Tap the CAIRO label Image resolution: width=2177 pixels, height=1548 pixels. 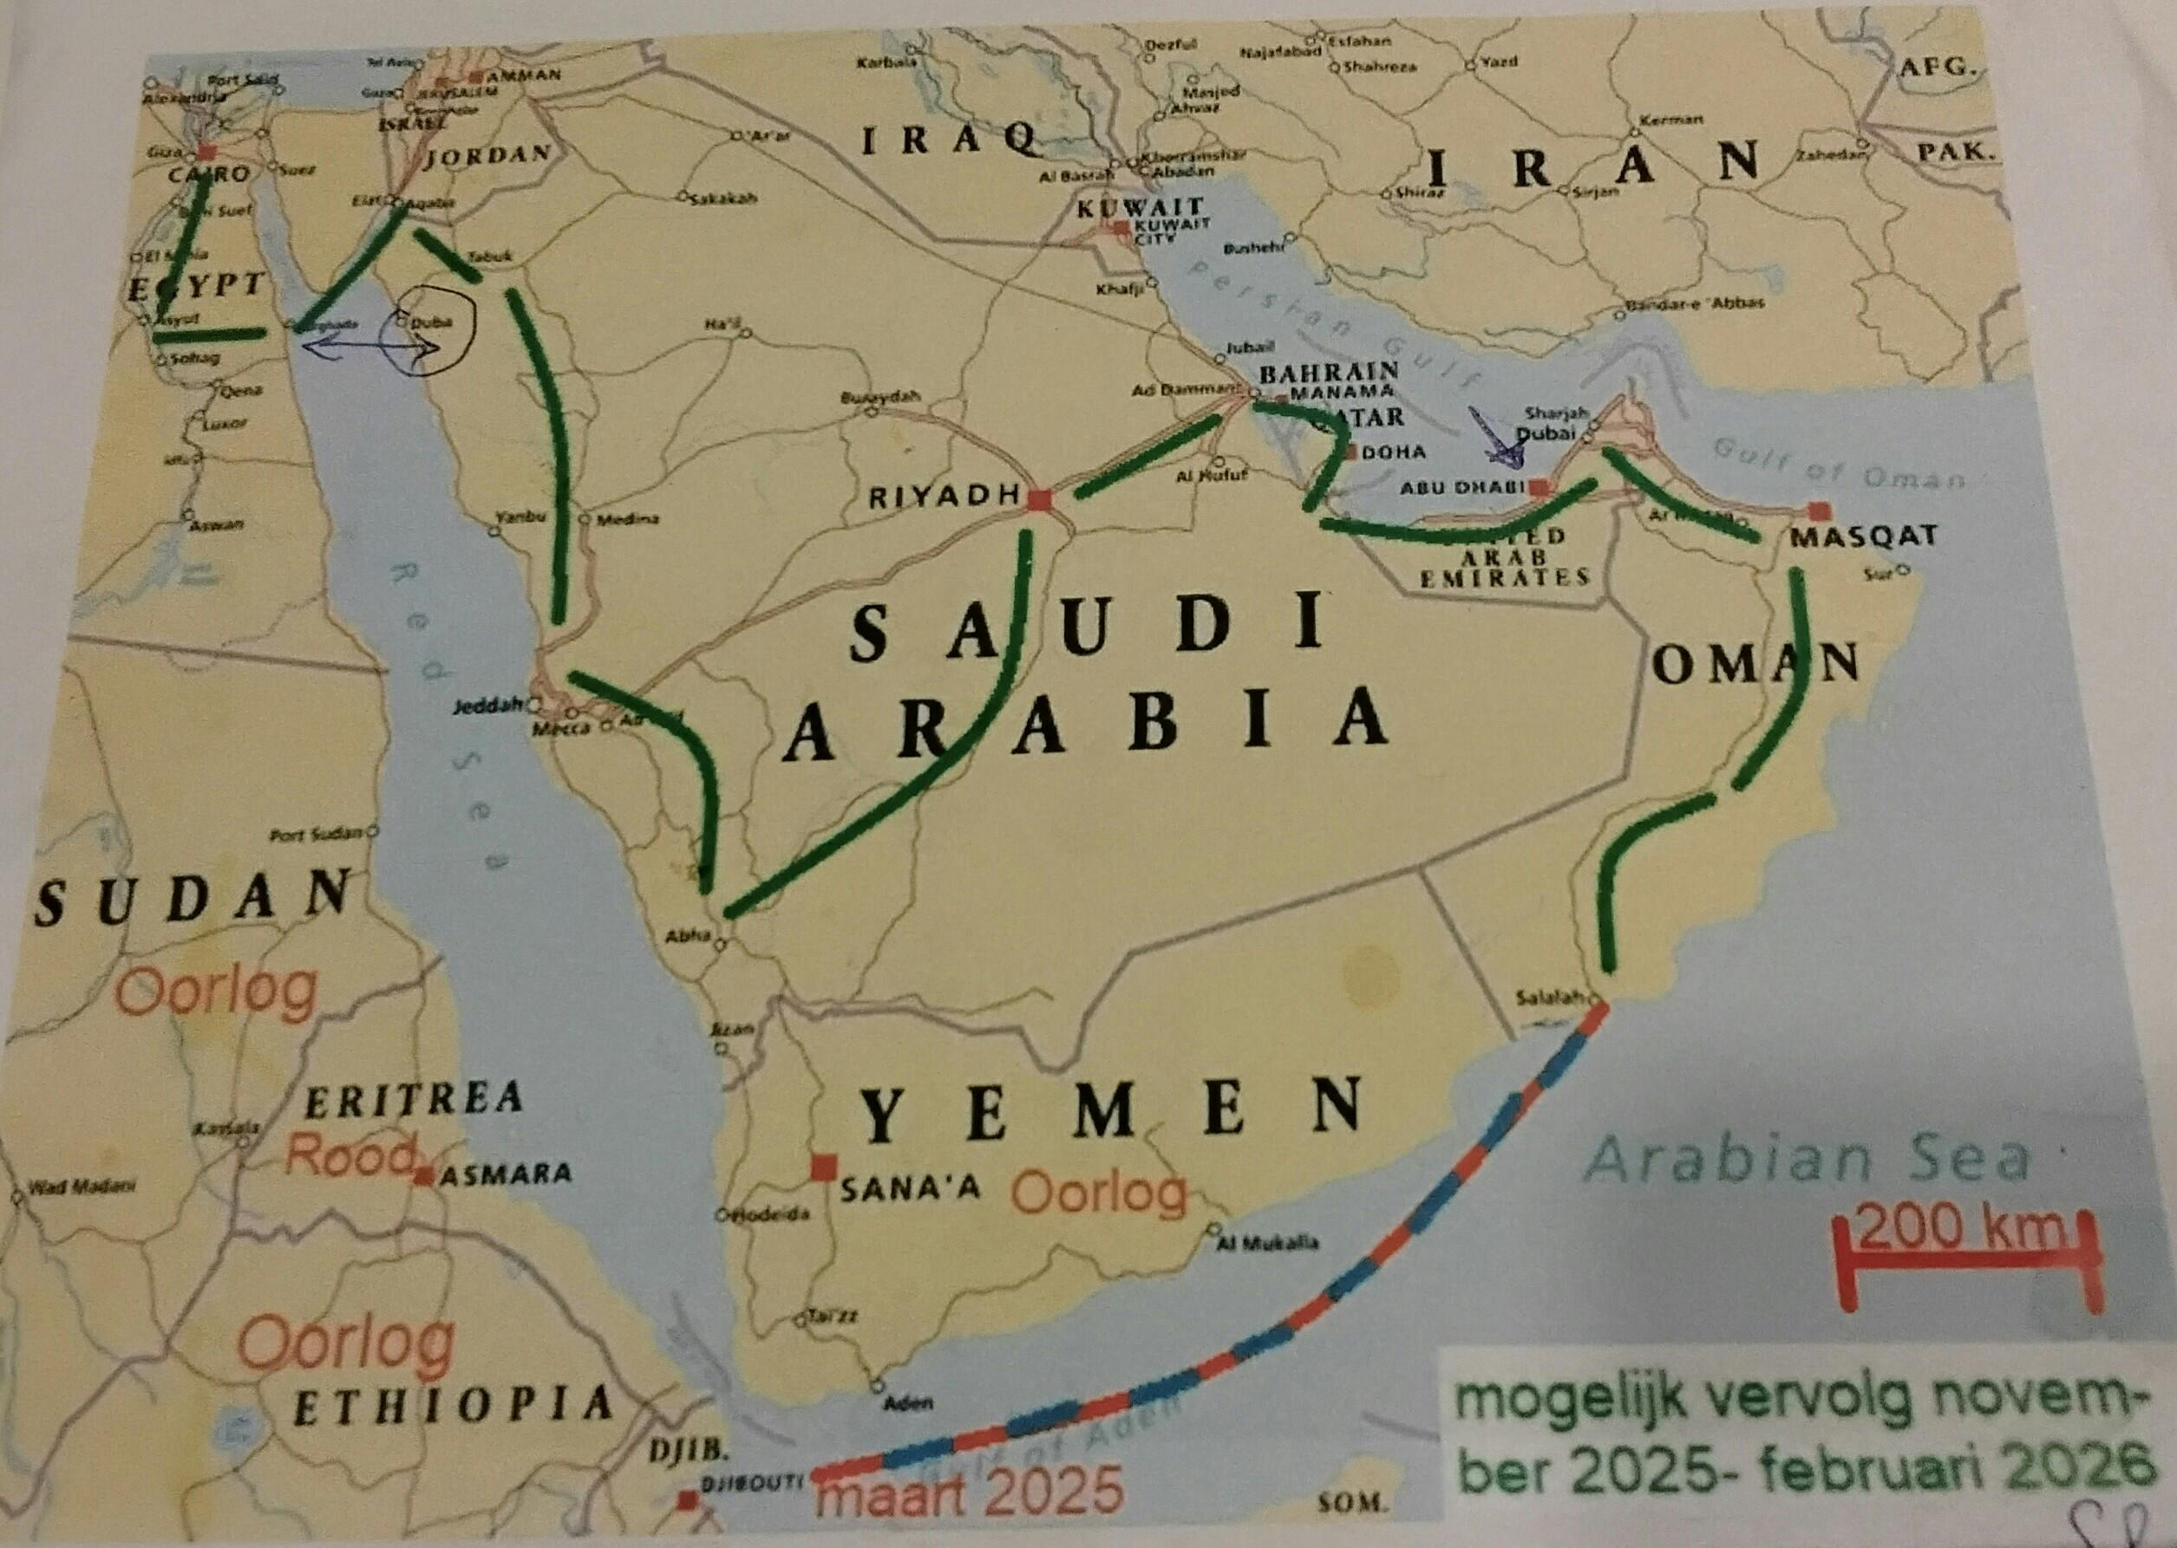(x=208, y=174)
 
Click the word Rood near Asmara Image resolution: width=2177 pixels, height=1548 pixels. (x=350, y=1155)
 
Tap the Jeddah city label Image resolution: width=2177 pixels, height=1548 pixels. (x=490, y=706)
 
